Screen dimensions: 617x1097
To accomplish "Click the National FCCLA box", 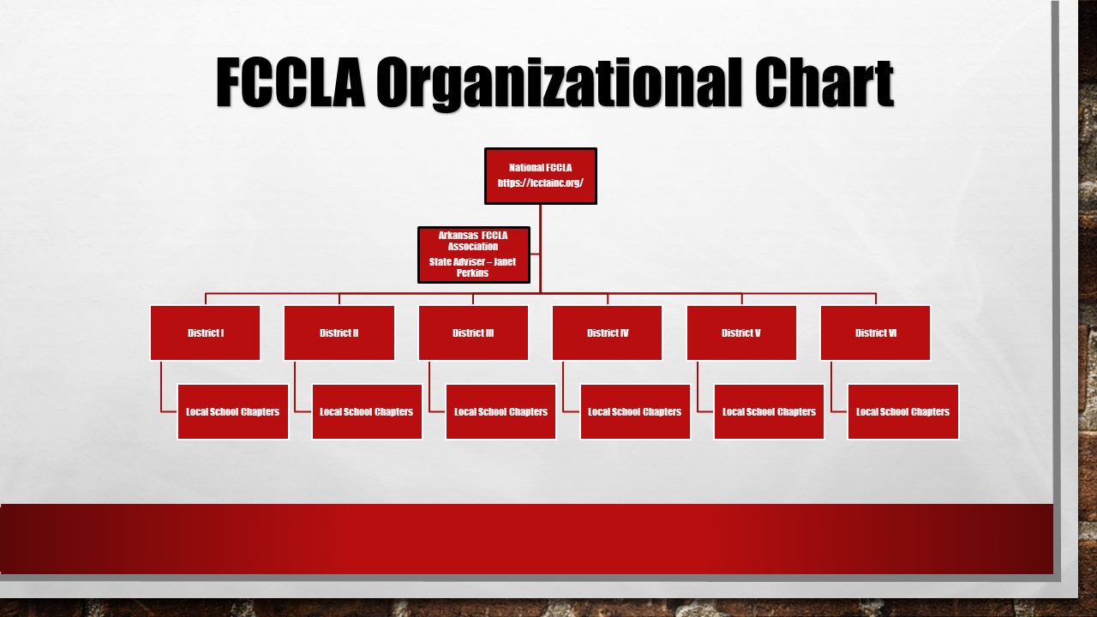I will tap(540, 176).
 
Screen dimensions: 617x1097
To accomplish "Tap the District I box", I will tap(206, 332).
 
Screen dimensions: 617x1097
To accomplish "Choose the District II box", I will tap(339, 332).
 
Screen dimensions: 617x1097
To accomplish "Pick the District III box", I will tap(473, 332).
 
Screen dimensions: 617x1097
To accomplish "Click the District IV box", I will tap(608, 332).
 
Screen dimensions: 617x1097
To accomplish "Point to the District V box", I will tap(741, 332).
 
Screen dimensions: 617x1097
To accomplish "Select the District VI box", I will tap(875, 332).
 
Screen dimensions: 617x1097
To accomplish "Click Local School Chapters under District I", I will tap(233, 411).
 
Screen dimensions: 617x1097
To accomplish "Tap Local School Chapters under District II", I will tap(367, 411).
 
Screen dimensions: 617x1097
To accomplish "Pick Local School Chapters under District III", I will tap(501, 411).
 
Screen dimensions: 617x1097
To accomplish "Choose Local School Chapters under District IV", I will tap(635, 411).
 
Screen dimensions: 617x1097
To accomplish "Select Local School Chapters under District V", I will tap(769, 411).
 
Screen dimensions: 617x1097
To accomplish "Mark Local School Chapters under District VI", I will tap(902, 411).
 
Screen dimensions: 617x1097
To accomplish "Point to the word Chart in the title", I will tap(824, 83).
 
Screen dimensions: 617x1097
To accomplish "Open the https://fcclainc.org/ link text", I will tap(540, 183).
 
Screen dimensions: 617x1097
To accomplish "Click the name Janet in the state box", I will tap(505, 262).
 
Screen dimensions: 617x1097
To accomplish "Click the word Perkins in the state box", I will tap(473, 273).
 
